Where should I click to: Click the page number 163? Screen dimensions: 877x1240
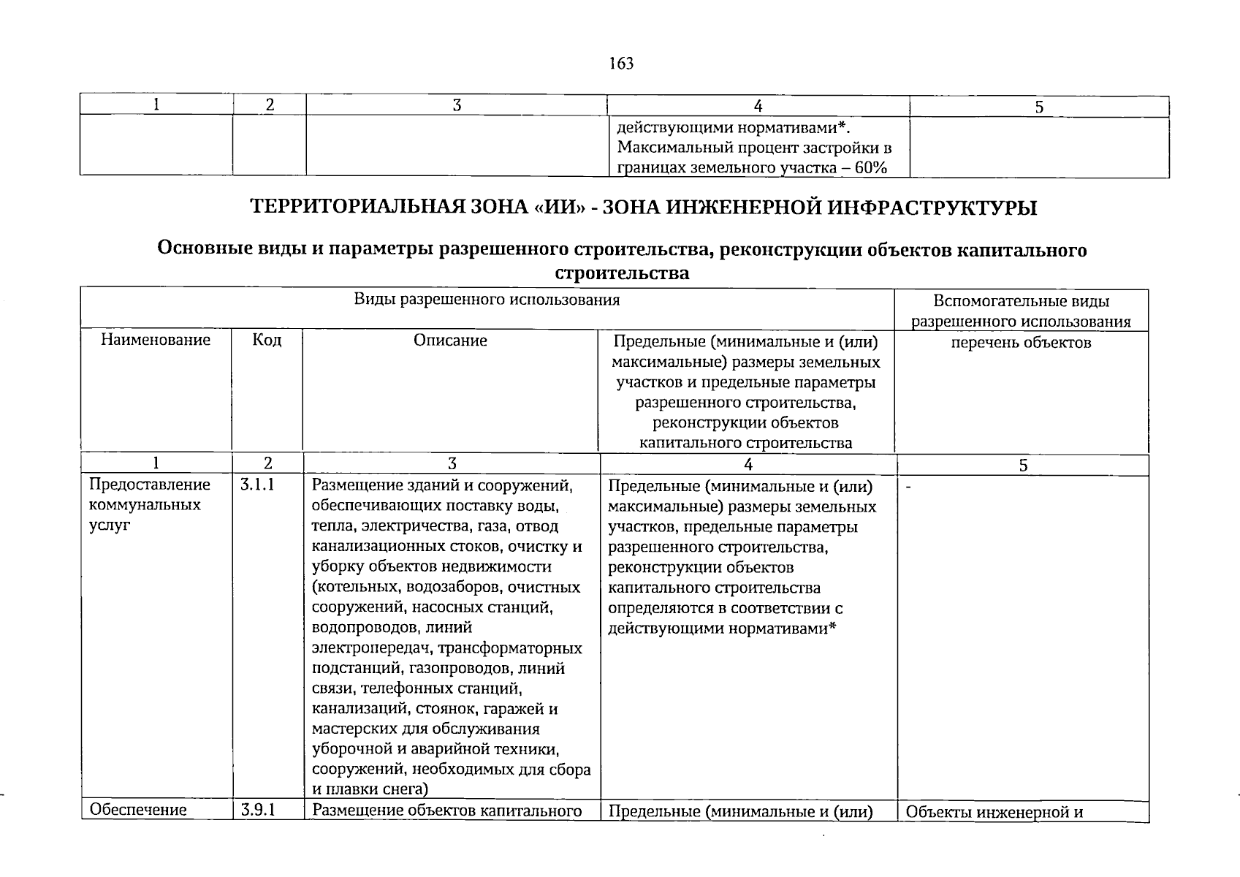[620, 64]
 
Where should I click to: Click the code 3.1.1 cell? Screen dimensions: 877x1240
[256, 485]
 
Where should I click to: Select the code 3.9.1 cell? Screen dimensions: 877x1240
[256, 809]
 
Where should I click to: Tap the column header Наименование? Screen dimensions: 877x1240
[155, 340]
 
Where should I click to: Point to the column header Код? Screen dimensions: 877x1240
[267, 340]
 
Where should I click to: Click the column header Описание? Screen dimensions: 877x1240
[450, 341]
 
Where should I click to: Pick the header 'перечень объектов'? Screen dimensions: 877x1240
[1021, 343]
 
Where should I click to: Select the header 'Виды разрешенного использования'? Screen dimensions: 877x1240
[487, 300]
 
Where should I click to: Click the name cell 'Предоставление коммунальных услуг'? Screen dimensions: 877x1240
[149, 504]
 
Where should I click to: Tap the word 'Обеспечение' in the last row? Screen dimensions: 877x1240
[138, 810]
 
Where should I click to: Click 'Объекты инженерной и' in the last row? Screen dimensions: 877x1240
[994, 811]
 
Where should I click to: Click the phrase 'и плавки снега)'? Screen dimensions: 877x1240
[369, 789]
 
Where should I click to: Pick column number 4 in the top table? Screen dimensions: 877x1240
[758, 107]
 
